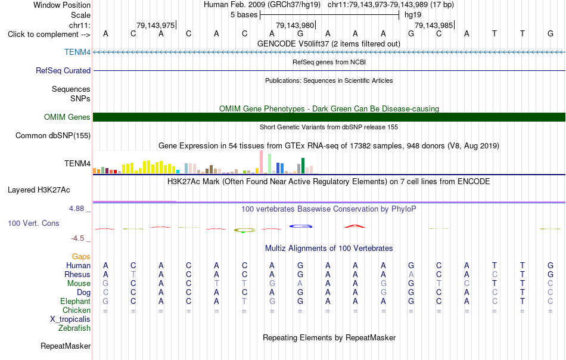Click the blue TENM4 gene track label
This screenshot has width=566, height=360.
coord(77,52)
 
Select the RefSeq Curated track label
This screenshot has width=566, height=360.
coord(63,70)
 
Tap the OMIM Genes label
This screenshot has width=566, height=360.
coord(67,117)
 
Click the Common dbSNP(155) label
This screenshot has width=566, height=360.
coord(53,135)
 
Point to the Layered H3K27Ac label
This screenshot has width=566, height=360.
coord(39,190)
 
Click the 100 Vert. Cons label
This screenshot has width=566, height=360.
coord(33,223)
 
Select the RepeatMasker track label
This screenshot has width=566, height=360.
coord(66,346)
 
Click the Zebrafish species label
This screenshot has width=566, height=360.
coord(74,328)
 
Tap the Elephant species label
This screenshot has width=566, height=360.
coord(76,301)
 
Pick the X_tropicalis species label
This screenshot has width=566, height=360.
coord(70,319)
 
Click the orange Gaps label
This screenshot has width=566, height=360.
coord(81,256)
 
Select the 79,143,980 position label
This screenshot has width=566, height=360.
coord(295,25)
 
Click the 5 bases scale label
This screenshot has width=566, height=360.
coord(244,15)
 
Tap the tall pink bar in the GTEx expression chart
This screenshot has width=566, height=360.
coord(261,162)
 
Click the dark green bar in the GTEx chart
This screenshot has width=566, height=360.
coord(303,166)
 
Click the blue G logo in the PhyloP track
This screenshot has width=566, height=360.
coord(301,226)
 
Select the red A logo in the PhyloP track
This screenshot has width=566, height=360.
coord(355,226)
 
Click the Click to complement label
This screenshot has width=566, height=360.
coord(49,35)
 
